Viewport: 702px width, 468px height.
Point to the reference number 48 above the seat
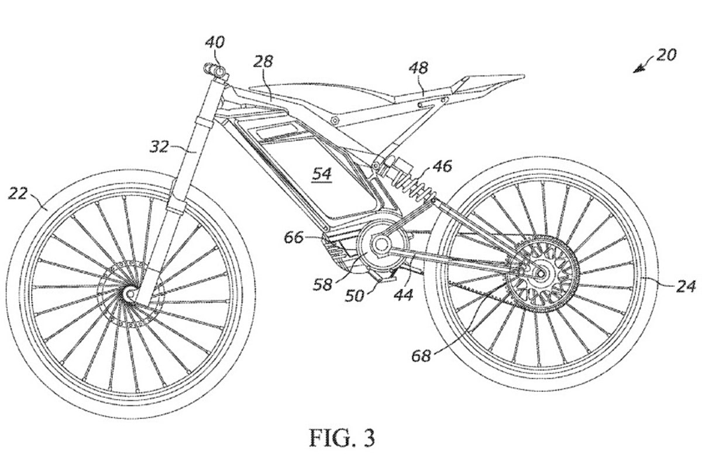(x=418, y=69)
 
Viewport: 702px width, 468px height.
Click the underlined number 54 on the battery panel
(x=322, y=174)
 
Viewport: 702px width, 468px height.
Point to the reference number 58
(x=322, y=284)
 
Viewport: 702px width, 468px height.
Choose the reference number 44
(x=402, y=295)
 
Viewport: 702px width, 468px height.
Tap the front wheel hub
(x=129, y=293)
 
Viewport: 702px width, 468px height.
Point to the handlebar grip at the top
(x=214, y=71)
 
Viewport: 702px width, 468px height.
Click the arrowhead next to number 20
(x=636, y=70)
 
